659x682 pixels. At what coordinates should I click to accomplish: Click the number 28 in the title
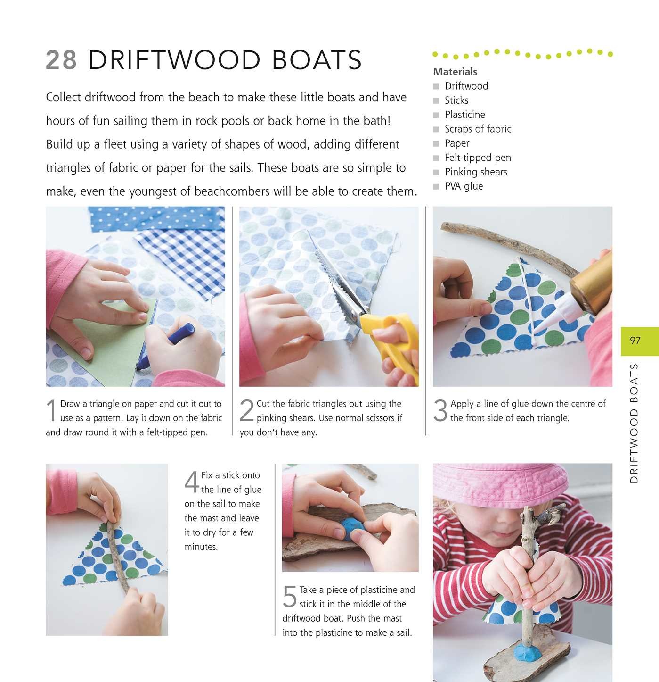(x=61, y=60)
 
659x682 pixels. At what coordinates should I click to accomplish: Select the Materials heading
(x=455, y=72)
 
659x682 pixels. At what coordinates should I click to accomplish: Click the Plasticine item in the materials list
(x=464, y=115)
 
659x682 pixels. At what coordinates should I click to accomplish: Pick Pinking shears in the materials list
(x=476, y=172)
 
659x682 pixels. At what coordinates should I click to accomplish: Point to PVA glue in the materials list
(x=464, y=186)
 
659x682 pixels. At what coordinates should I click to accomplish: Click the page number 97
(x=635, y=341)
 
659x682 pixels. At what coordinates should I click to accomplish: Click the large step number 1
(x=52, y=411)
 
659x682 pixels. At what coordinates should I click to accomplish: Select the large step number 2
(x=247, y=411)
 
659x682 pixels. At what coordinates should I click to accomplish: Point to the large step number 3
(x=440, y=411)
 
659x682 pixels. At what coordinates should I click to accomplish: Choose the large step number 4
(x=192, y=482)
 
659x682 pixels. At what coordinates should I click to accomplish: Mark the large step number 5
(x=290, y=597)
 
